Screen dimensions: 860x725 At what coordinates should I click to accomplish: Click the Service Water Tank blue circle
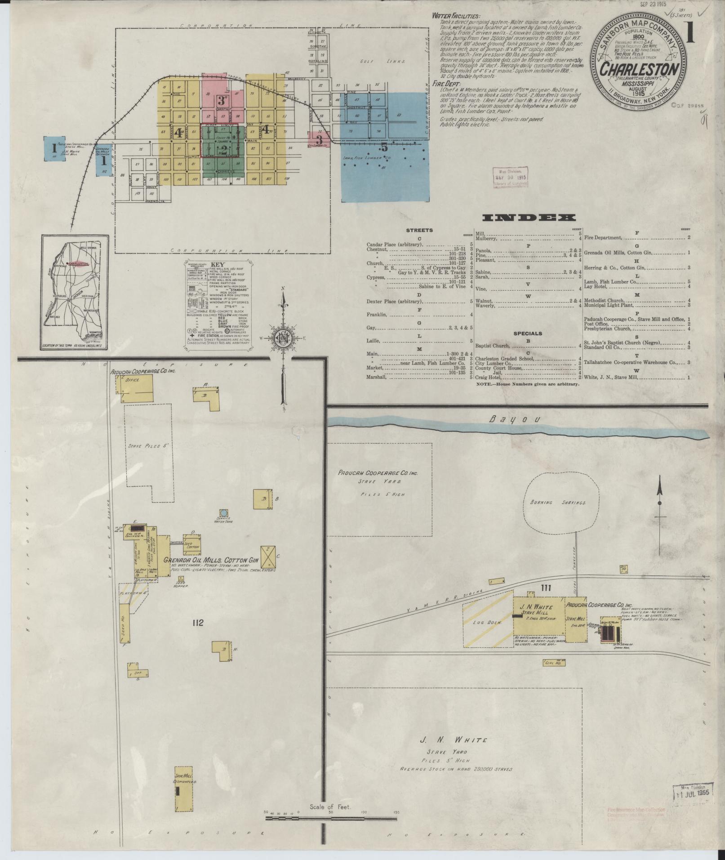(223, 512)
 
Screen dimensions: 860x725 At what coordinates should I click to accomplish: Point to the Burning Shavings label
(563, 503)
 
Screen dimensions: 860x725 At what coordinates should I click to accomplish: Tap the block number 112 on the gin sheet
(197, 623)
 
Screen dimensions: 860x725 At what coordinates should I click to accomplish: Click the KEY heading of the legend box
(218, 265)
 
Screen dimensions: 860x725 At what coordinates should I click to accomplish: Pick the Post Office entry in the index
(596, 324)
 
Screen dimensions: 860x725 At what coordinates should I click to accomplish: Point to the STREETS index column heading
(419, 230)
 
